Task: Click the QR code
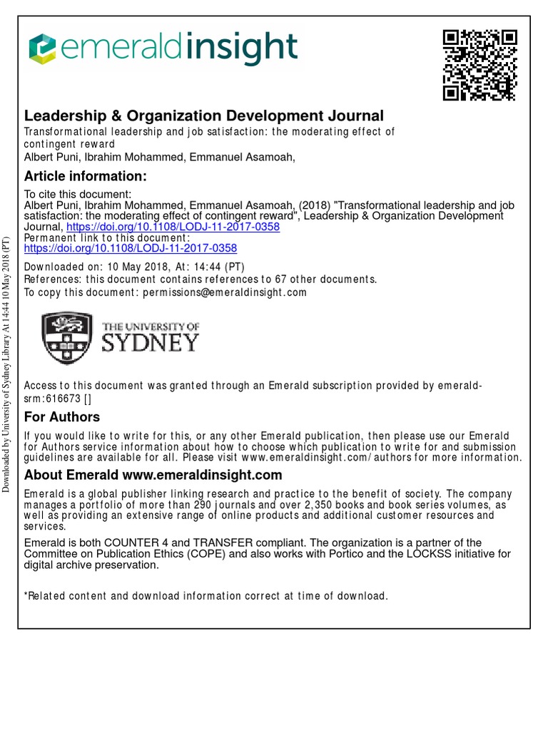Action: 479,65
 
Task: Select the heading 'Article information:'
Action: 86,176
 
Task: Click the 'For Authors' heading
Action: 62,417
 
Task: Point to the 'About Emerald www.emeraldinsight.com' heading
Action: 153,475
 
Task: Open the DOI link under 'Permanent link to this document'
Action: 131,249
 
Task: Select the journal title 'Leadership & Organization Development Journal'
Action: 204,115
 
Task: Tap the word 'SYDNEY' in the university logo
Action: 151,342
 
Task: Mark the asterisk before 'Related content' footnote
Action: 26,596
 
